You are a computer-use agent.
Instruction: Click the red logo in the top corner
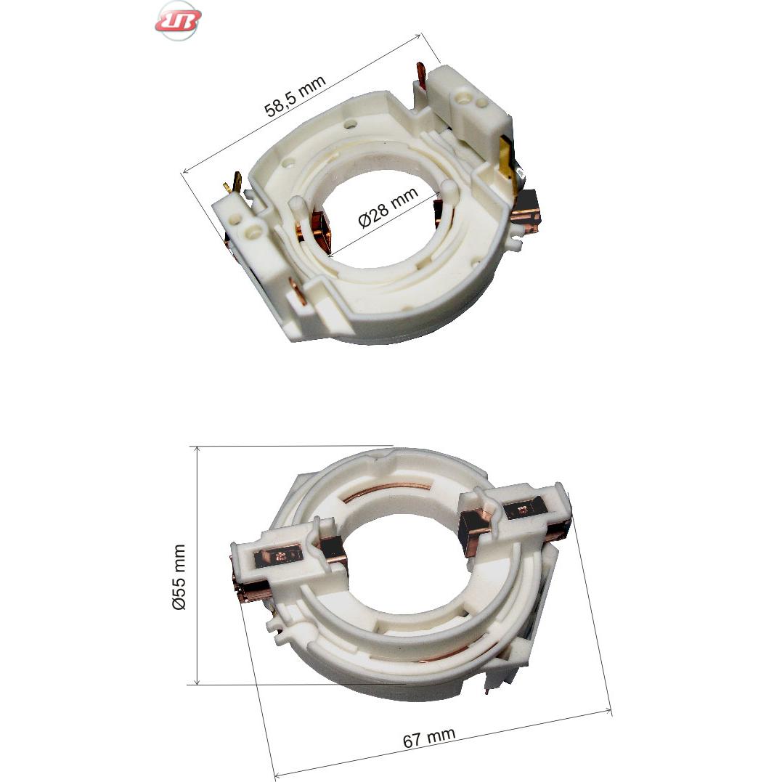(x=178, y=20)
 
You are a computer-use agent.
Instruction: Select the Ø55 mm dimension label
(x=179, y=577)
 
